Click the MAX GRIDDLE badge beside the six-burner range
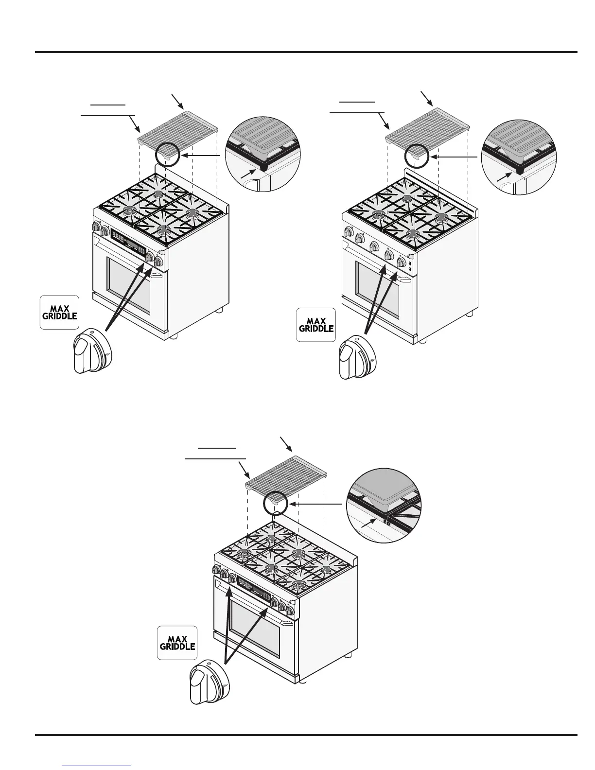[176, 642]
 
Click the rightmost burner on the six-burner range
[330, 565]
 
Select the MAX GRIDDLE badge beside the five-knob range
[316, 325]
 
